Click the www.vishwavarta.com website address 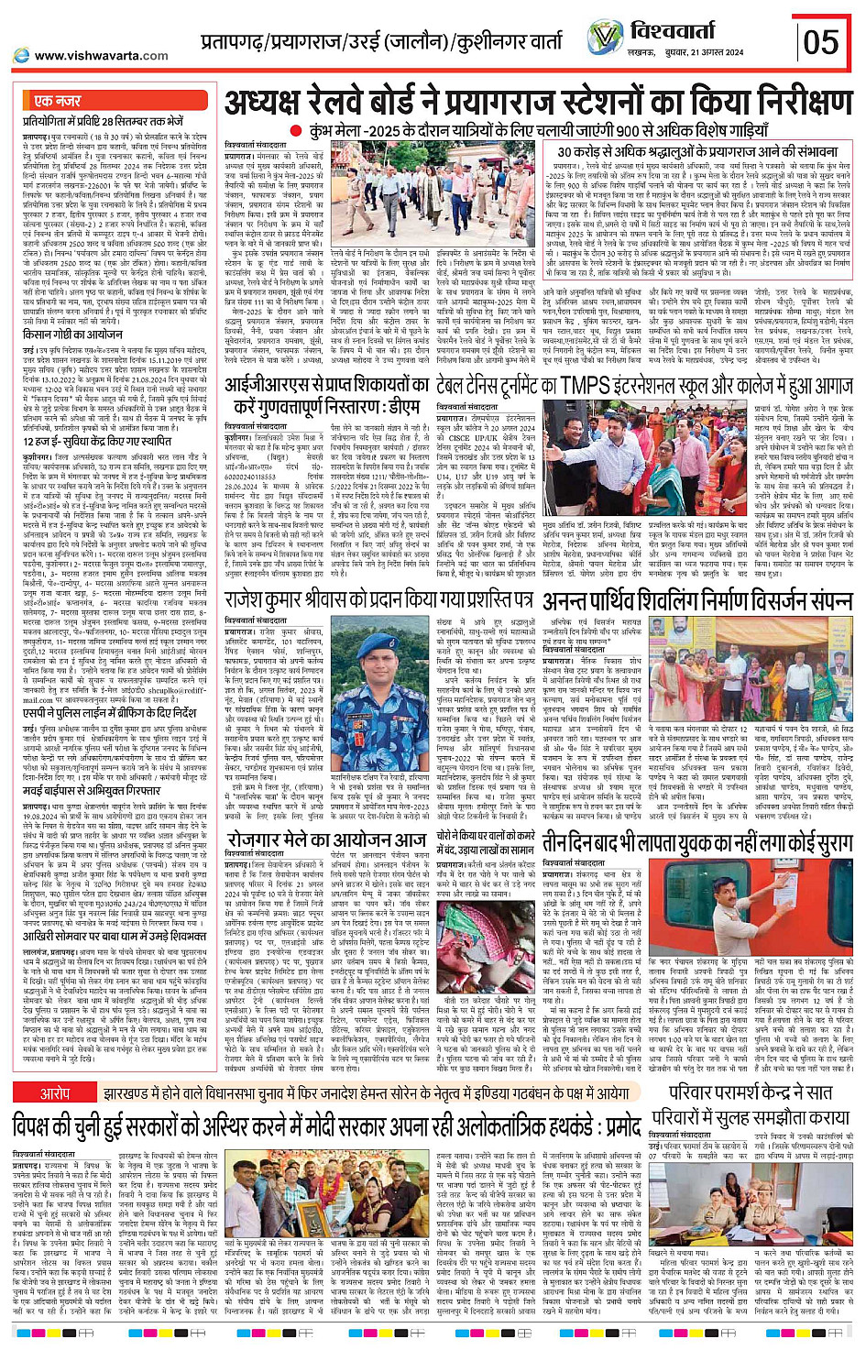click(x=88, y=56)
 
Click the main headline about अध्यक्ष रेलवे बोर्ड click(x=539, y=104)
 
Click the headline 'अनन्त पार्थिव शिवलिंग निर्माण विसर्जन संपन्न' click(x=696, y=602)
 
